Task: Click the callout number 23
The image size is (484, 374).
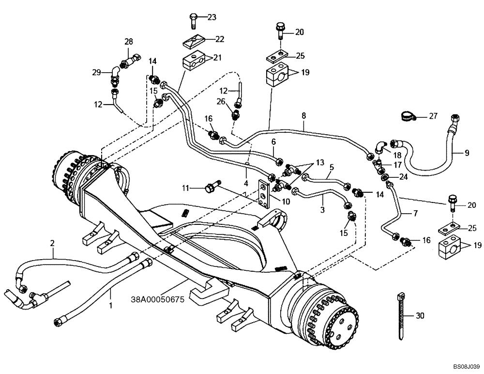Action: [212, 17]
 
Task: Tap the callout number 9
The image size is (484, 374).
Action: [467, 153]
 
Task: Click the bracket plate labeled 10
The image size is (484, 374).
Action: [265, 194]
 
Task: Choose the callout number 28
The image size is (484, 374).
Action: [128, 42]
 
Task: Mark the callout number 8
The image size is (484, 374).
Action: [303, 115]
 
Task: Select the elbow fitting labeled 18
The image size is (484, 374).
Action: [380, 144]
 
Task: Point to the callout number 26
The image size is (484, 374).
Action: [221, 101]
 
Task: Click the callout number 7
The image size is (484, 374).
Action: [415, 213]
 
